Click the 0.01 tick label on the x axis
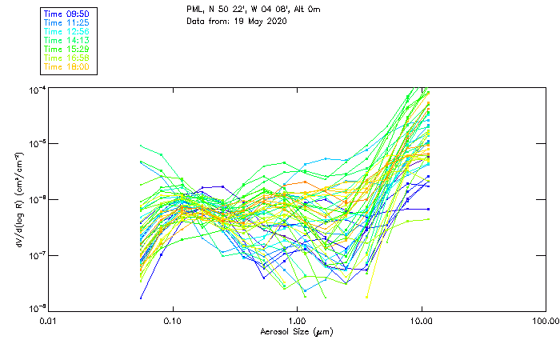[49, 322]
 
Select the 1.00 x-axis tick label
[297, 322]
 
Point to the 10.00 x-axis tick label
[422, 322]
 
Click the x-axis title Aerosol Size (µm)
[296, 332]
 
